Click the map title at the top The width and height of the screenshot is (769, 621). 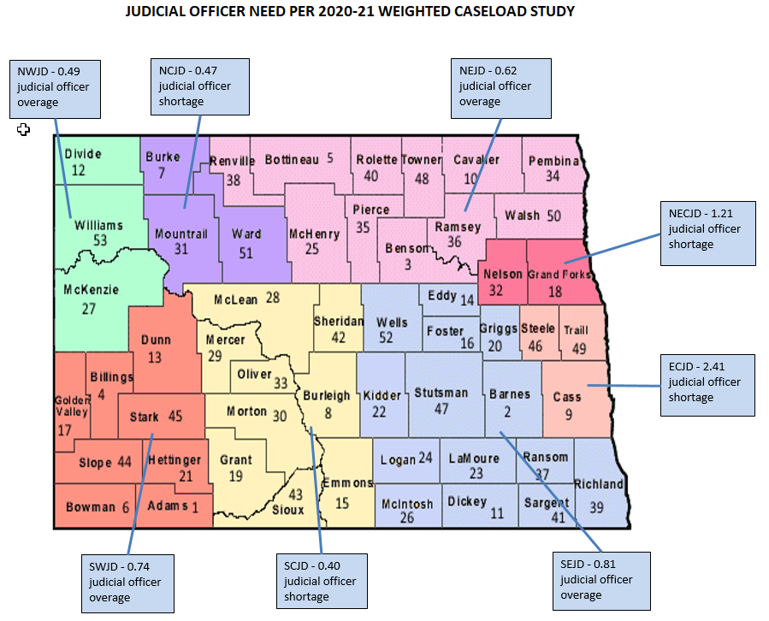tap(350, 12)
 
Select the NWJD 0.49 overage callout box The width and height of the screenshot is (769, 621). tap(56, 88)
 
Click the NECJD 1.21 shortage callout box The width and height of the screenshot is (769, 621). tap(711, 232)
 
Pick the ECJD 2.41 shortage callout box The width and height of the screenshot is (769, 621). tap(711, 384)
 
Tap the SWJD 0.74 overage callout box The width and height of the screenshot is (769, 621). tap(128, 583)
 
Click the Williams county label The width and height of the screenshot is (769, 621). tap(98, 226)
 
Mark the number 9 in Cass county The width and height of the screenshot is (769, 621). tap(568, 415)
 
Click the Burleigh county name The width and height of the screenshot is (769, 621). tap(327, 396)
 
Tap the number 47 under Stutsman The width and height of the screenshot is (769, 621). tap(441, 409)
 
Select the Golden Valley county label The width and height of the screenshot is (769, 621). tap(71, 405)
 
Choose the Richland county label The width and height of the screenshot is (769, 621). tap(599, 484)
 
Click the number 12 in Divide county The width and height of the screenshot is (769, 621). tap(79, 170)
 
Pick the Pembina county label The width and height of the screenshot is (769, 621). tap(553, 162)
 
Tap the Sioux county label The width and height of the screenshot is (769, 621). tap(288, 510)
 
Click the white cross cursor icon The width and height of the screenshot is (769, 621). tap(24, 129)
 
